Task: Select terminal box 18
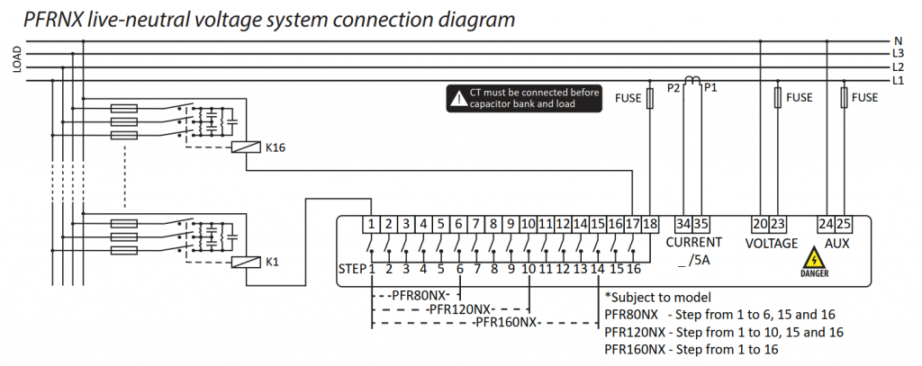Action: coord(651,224)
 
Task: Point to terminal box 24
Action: coord(826,224)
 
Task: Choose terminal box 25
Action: coord(843,224)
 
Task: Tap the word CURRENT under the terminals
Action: coord(693,242)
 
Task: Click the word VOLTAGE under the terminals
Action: coord(772,243)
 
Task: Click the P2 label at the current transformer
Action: coord(673,87)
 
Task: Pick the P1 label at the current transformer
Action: coord(710,87)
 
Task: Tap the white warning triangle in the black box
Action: coord(457,97)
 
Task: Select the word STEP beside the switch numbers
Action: coord(352,268)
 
